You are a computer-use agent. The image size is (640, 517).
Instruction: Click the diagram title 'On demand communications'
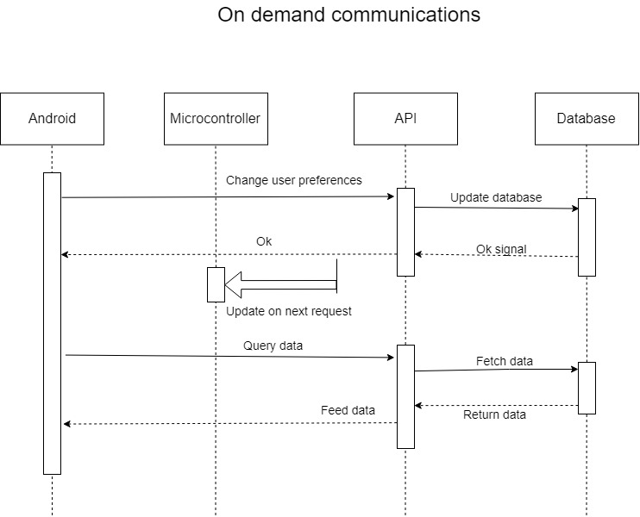point(348,16)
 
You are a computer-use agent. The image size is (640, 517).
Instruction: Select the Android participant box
point(52,118)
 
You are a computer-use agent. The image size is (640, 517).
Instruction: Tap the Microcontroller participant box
point(215,118)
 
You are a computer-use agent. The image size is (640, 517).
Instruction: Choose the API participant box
point(405,118)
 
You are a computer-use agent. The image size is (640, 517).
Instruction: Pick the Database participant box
point(586,118)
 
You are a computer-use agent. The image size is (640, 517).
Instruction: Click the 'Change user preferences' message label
point(294,181)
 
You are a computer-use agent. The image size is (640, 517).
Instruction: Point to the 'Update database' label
point(496,197)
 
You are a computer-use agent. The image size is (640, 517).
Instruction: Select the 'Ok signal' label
point(501,249)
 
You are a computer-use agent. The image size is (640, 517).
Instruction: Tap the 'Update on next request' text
point(289,311)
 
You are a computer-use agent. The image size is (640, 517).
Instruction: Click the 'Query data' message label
point(273,346)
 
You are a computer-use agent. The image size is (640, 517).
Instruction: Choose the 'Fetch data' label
point(505,361)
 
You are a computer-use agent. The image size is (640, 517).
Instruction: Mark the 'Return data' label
point(494,414)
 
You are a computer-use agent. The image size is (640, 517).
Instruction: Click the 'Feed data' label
point(348,410)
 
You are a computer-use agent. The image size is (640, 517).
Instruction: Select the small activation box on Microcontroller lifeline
point(216,284)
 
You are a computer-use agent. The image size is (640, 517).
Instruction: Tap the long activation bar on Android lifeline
point(52,323)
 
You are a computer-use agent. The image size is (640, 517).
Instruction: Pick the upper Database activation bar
point(587,237)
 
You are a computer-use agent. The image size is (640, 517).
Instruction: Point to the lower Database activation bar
point(587,388)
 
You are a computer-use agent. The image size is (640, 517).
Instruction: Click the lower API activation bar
point(405,396)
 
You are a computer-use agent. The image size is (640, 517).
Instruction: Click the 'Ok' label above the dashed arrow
point(264,241)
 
